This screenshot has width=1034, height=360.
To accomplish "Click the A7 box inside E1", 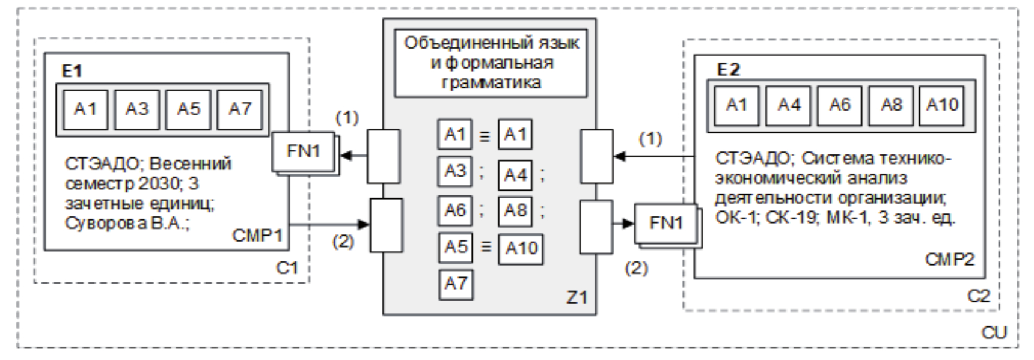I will point(240,109).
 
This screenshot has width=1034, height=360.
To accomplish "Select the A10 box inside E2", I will point(942,105).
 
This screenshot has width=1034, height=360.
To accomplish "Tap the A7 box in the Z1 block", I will point(455,282).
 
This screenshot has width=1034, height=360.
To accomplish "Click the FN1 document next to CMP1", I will point(304,151).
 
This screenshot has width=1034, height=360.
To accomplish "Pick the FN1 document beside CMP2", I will point(666,224).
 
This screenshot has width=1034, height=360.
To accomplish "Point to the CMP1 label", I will point(257,235).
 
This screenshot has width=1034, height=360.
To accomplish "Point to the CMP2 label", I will point(949,260).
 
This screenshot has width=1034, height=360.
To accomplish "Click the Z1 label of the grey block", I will point(576,296).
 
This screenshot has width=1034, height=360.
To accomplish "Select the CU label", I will point(994,332).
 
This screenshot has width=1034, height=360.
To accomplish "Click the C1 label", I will point(287,267).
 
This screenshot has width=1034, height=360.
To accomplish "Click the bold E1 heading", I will point(72,71).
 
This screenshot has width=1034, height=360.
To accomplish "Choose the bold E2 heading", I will point(728,69).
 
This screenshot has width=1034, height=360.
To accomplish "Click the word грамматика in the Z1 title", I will point(491,83).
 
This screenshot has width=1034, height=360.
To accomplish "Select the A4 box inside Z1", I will point(515,175).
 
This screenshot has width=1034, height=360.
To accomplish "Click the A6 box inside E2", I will point(840,105).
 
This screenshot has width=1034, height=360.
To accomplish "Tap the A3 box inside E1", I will point(137,109).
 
